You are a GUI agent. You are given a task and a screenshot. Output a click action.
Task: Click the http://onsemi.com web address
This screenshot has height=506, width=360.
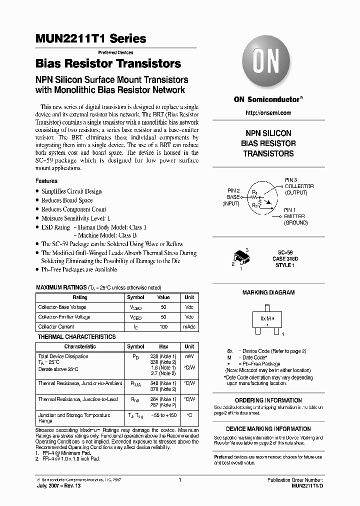[x=268, y=114]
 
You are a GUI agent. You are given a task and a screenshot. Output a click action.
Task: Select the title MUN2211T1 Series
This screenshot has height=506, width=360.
[x=91, y=38]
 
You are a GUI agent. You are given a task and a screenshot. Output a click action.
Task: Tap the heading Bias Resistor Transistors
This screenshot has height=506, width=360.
[x=108, y=64]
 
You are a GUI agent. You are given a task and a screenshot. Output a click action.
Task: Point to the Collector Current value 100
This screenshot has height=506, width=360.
[x=163, y=326]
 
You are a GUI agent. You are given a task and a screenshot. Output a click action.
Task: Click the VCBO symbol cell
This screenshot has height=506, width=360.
[x=135, y=307]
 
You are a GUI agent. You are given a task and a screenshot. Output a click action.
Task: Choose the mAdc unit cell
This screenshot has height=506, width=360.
[x=189, y=326]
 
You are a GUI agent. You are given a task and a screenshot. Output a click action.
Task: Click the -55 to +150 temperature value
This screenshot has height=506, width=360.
[x=163, y=415]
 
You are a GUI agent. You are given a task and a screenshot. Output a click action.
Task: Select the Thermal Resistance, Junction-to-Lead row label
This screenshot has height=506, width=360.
[x=78, y=399]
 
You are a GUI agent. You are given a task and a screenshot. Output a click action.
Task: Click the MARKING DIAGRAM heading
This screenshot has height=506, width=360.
[x=268, y=292]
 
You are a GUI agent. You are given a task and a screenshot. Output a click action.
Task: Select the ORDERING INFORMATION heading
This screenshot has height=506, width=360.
[x=268, y=400]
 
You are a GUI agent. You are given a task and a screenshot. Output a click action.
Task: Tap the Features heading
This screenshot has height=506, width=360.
[x=46, y=181]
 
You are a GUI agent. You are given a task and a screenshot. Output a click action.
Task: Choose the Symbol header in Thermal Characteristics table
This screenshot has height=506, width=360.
[x=135, y=346]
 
